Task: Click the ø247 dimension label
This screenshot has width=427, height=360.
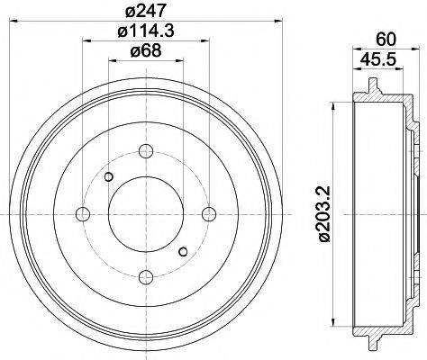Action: click(146, 12)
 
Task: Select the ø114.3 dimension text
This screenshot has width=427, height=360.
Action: click(146, 32)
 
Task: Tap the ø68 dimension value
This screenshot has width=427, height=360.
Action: click(146, 52)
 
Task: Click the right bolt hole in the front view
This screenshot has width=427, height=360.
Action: click(210, 212)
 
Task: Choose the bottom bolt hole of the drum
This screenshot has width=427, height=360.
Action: click(146, 276)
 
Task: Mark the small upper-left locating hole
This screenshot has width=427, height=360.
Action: click(109, 175)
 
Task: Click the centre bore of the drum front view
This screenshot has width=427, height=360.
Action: click(146, 212)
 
